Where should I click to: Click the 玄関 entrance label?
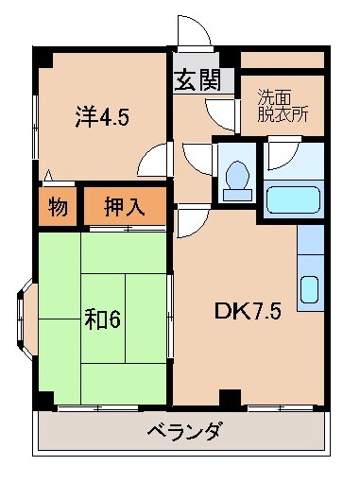[197, 81]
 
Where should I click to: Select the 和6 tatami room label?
[102, 319]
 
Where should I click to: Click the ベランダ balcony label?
[184, 432]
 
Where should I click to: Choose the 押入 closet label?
[124, 207]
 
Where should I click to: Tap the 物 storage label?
[58, 207]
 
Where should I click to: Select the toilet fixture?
[236, 176]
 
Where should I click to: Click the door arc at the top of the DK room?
[189, 222]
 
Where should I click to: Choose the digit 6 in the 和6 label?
[114, 319]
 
